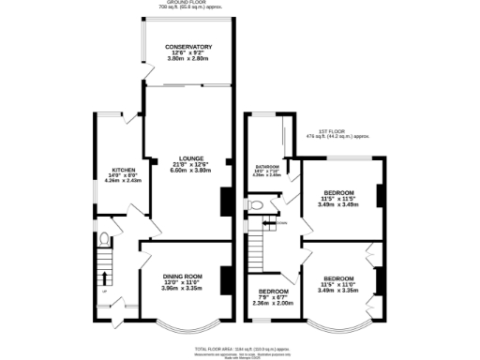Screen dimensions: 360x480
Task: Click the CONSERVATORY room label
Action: pos(188,46)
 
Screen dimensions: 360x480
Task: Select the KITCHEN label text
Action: pos(124,170)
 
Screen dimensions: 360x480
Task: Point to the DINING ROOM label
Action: pos(182,277)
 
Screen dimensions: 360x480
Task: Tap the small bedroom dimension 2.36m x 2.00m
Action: pos(273,303)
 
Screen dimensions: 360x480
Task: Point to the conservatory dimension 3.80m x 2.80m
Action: pos(188,59)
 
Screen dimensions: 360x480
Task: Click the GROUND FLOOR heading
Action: pos(188,4)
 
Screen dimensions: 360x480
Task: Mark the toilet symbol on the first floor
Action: pos(255,203)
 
